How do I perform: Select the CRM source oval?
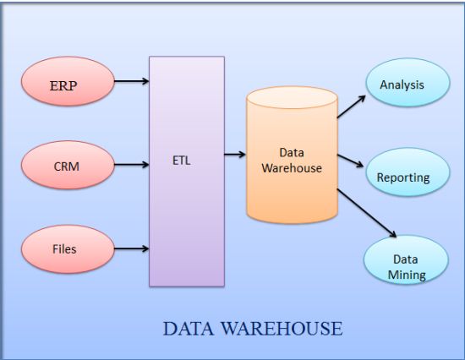point(66,166)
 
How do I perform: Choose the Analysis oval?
point(402,85)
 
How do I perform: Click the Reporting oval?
point(403,177)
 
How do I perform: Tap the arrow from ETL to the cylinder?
point(235,155)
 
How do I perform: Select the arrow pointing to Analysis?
point(351,106)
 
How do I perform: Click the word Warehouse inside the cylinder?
point(291,167)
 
